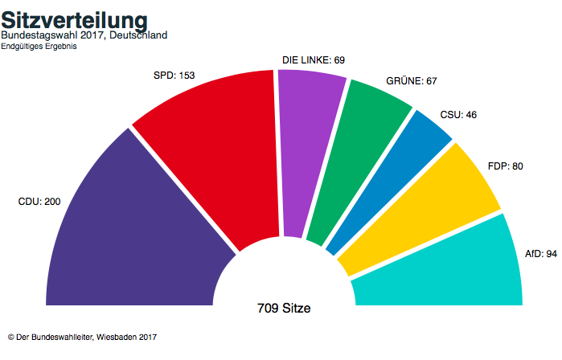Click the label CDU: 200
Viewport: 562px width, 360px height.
point(39,202)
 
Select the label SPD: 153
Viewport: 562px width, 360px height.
point(174,76)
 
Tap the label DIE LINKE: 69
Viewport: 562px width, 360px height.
point(313,61)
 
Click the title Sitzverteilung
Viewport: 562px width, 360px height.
point(74,19)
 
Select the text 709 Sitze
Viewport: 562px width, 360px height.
point(284,308)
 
